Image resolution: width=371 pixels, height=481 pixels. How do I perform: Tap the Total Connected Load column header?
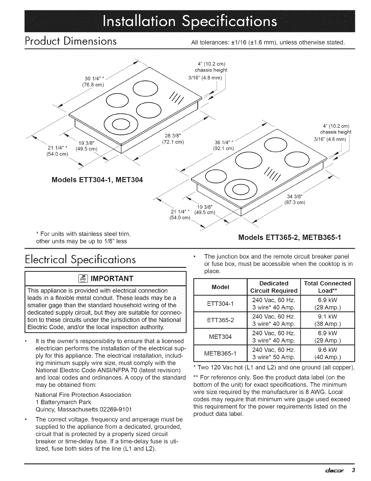(x=328, y=287)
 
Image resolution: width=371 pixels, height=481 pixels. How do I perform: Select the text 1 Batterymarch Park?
(x=63, y=402)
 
